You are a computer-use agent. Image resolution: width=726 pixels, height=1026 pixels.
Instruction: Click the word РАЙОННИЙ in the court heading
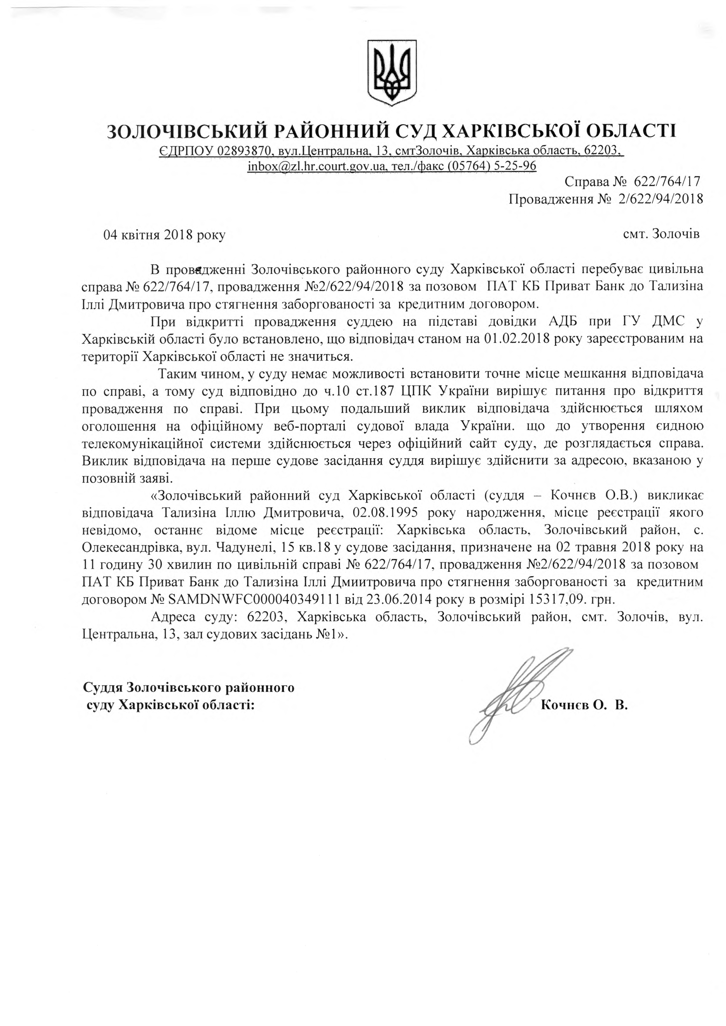tap(326, 131)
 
